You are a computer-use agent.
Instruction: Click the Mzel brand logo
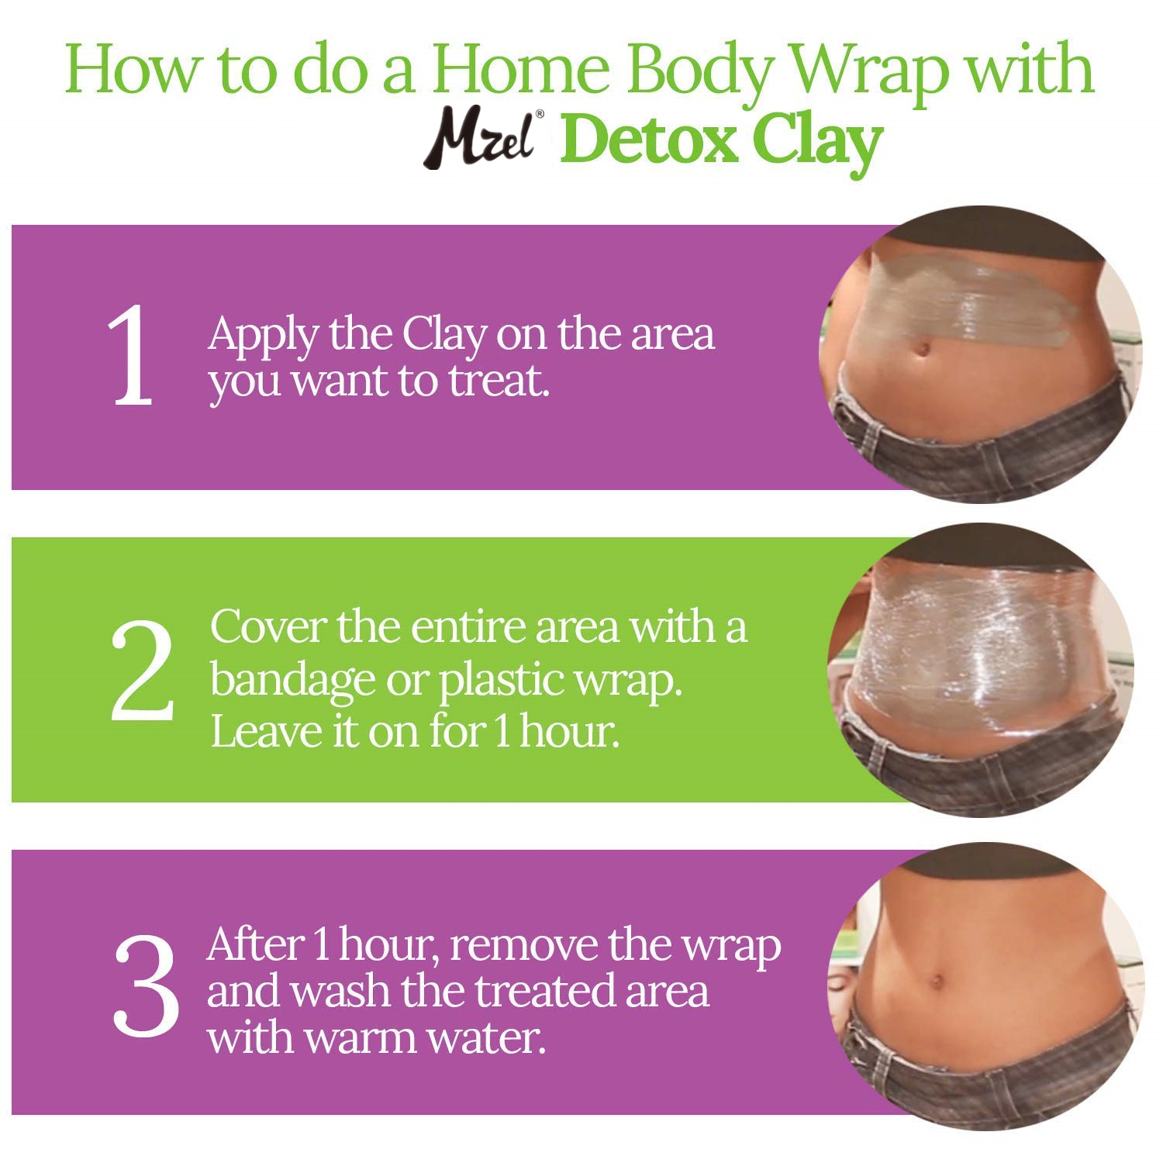coord(481,140)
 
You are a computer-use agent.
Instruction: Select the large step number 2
coord(141,670)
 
